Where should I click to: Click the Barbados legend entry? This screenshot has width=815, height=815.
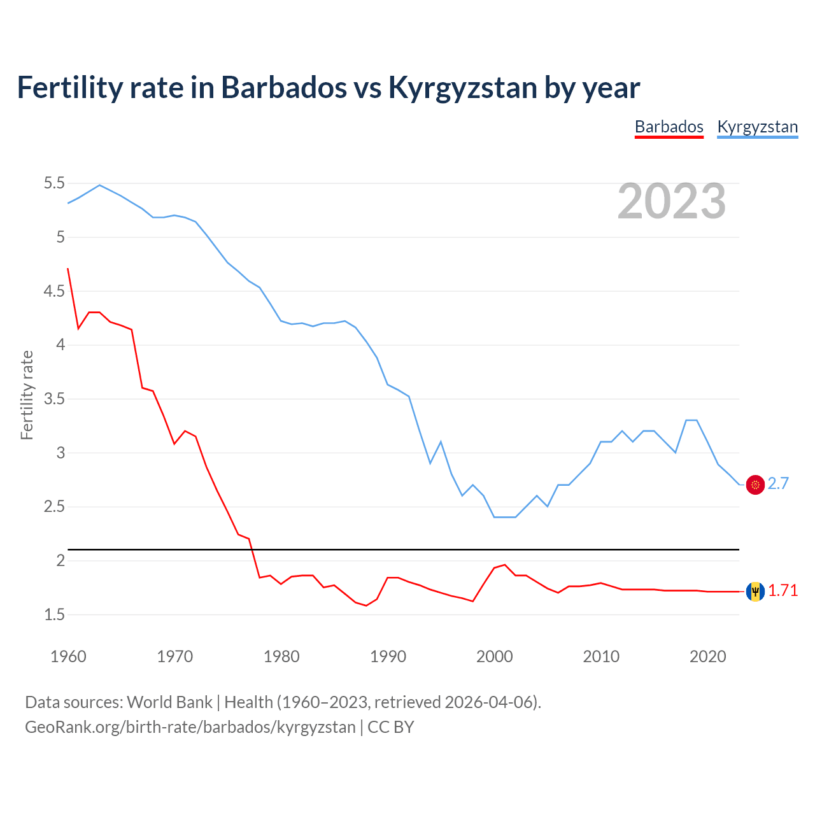669,127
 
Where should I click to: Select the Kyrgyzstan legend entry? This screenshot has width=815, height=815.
757,127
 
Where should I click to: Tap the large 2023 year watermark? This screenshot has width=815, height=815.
672,201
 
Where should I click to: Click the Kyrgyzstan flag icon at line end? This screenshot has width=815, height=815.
755,485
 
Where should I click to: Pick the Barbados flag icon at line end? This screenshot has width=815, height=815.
755,592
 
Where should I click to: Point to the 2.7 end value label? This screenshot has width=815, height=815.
778,484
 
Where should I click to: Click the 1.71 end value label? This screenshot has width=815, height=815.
783,591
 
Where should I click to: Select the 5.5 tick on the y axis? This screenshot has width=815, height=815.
54,183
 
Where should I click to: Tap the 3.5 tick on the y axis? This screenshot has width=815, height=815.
54,399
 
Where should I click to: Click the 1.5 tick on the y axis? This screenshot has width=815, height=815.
54,615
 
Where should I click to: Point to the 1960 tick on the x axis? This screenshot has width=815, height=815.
68,656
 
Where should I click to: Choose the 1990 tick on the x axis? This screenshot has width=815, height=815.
388,656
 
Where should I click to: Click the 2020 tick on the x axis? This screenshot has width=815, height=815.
707,656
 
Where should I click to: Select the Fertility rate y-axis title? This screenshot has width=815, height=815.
27,395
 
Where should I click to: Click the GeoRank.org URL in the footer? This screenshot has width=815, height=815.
190,727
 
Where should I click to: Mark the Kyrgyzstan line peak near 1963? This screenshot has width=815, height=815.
99,185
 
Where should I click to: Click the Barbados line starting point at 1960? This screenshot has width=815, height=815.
68,269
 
